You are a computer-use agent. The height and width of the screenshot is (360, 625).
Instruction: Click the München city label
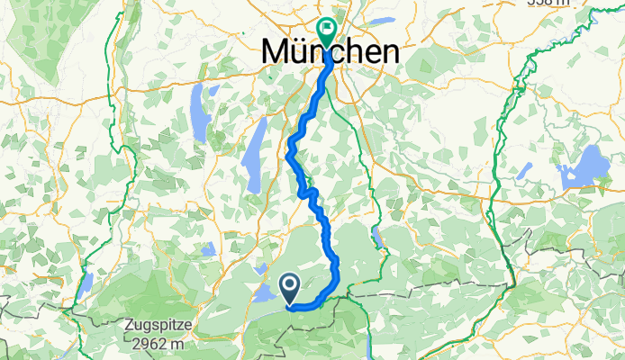click(x=331, y=51)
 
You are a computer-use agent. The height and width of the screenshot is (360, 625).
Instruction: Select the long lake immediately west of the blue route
click(x=257, y=141)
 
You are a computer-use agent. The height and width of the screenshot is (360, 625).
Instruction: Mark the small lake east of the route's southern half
click(x=376, y=238)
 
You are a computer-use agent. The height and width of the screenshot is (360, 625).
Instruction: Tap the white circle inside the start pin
click(x=291, y=285)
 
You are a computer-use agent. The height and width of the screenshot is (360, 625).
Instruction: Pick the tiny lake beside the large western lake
click(x=213, y=90)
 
